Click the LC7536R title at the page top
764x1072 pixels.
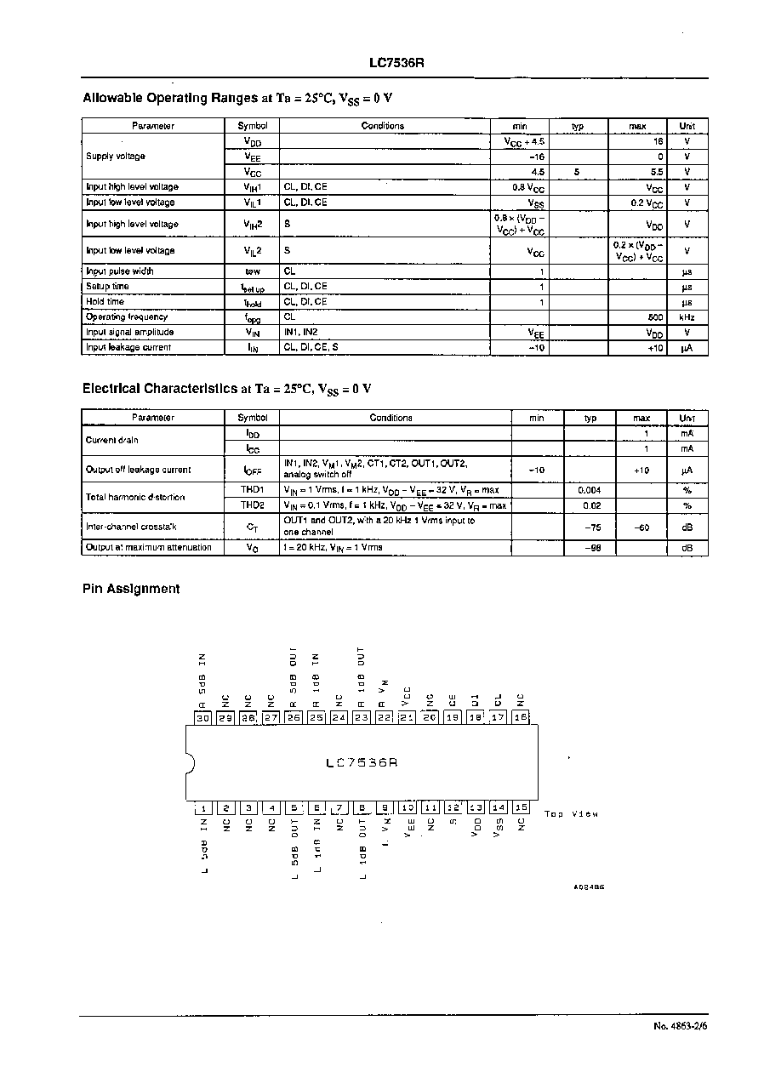[x=391, y=63]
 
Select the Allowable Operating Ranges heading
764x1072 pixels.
[x=237, y=98]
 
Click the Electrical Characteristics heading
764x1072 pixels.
[x=226, y=389]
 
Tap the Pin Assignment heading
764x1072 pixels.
[x=131, y=589]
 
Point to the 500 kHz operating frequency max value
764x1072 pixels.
[x=654, y=317]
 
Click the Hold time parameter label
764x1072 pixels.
[x=105, y=302]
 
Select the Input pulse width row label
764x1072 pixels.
[x=120, y=271]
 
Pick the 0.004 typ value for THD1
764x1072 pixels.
[x=590, y=490]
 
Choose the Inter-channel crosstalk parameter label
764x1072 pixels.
[x=131, y=527]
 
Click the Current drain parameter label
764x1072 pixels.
[x=111, y=441]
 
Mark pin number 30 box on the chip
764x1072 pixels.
[x=202, y=718]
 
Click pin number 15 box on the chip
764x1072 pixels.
[x=522, y=807]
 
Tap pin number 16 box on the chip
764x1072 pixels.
[x=522, y=718]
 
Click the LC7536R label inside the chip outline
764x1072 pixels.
[x=362, y=763]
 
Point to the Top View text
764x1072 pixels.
[x=571, y=814]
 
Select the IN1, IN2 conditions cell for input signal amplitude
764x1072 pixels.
[x=301, y=333]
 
